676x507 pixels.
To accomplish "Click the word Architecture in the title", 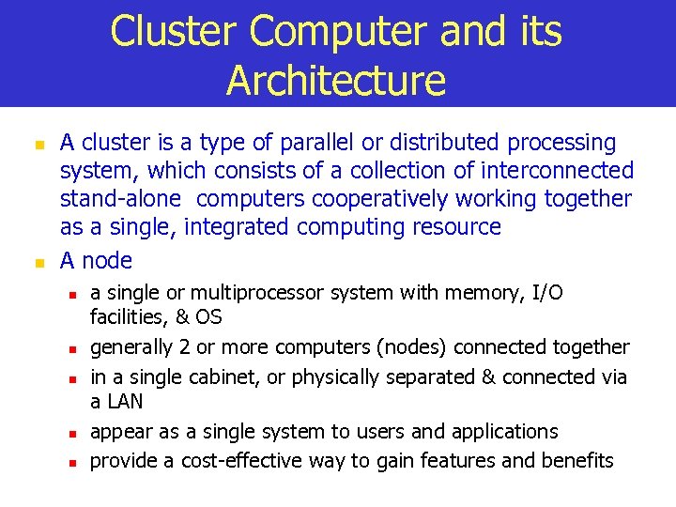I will point(335,80).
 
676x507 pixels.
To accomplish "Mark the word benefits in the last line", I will point(576,460).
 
